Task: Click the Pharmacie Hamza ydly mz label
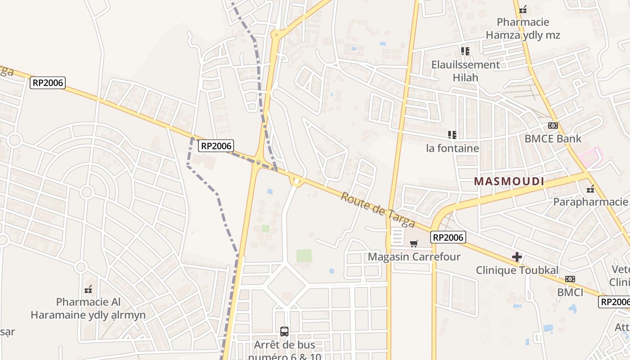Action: point(522,28)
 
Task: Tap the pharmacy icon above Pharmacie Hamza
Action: point(523,9)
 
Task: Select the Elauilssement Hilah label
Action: point(465,71)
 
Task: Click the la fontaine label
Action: point(452,148)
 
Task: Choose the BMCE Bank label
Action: point(553,139)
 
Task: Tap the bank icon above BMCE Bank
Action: point(553,126)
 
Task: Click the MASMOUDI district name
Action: point(509,181)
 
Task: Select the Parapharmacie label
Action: point(590,202)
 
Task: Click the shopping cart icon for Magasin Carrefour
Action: point(414,243)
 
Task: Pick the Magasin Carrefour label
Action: point(414,257)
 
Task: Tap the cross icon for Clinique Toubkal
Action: point(517,257)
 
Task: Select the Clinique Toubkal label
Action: point(517,270)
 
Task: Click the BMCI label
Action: point(570,292)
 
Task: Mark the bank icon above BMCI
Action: point(570,279)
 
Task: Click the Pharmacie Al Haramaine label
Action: point(88,308)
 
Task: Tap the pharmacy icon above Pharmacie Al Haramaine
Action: point(89,289)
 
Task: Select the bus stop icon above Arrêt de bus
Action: point(284,332)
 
